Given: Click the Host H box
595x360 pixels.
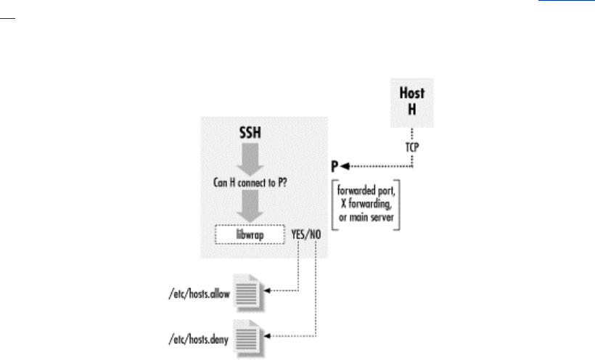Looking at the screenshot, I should [412, 102].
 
